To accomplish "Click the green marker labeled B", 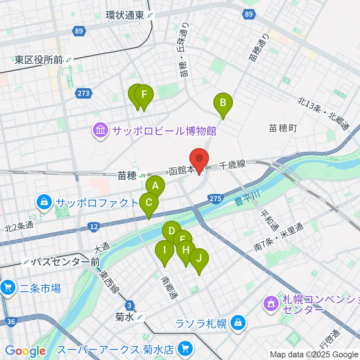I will point(223,103).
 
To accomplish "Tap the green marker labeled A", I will point(155,186).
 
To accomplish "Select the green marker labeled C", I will point(149,203).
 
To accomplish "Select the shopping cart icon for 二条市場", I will point(7,288).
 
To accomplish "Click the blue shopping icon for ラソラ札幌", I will point(237,323).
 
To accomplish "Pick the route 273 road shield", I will point(83,93).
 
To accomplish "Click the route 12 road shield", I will point(94,226).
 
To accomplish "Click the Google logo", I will point(25,351).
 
